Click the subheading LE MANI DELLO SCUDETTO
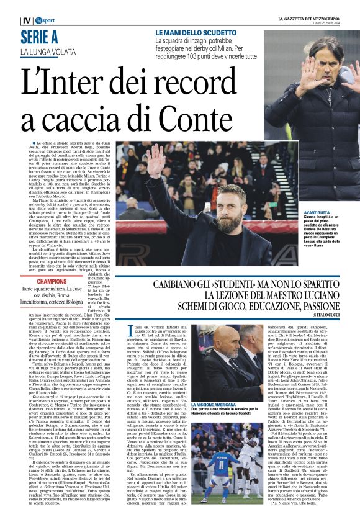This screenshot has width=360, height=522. [x=194, y=32]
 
